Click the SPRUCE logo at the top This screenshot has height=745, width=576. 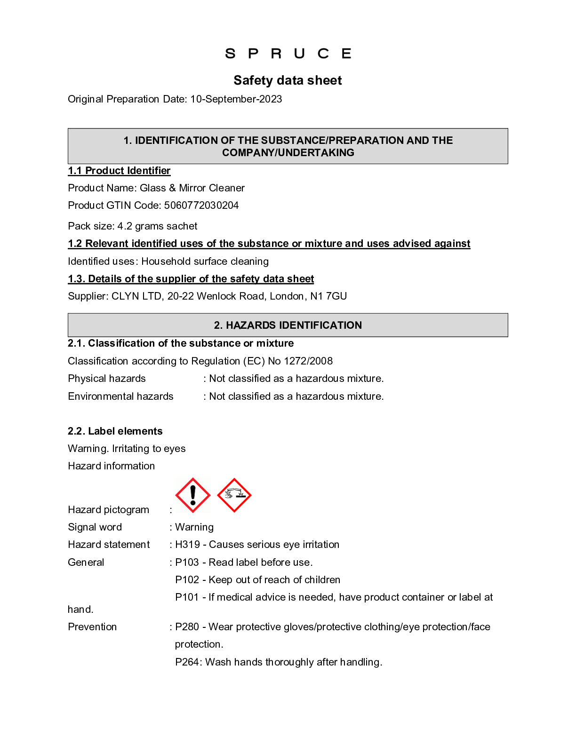[288, 54]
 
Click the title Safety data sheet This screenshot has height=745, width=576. [288, 80]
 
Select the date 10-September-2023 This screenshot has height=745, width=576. [236, 99]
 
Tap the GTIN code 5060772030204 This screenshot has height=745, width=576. [201, 206]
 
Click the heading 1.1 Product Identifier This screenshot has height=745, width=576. [119, 171]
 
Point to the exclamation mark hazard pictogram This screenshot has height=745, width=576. [192, 495]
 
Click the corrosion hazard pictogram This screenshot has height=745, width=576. [234, 495]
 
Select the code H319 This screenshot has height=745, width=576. [187, 545]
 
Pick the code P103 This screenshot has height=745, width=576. [187, 563]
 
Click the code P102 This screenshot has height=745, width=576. [187, 580]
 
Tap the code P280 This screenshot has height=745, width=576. [187, 627]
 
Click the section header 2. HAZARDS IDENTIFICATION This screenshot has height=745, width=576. [288, 325]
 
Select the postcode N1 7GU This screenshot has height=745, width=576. [328, 296]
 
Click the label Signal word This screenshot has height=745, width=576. [95, 527]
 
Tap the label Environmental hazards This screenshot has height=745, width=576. [120, 396]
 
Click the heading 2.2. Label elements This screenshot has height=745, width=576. [115, 431]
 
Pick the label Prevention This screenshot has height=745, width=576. [92, 627]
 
